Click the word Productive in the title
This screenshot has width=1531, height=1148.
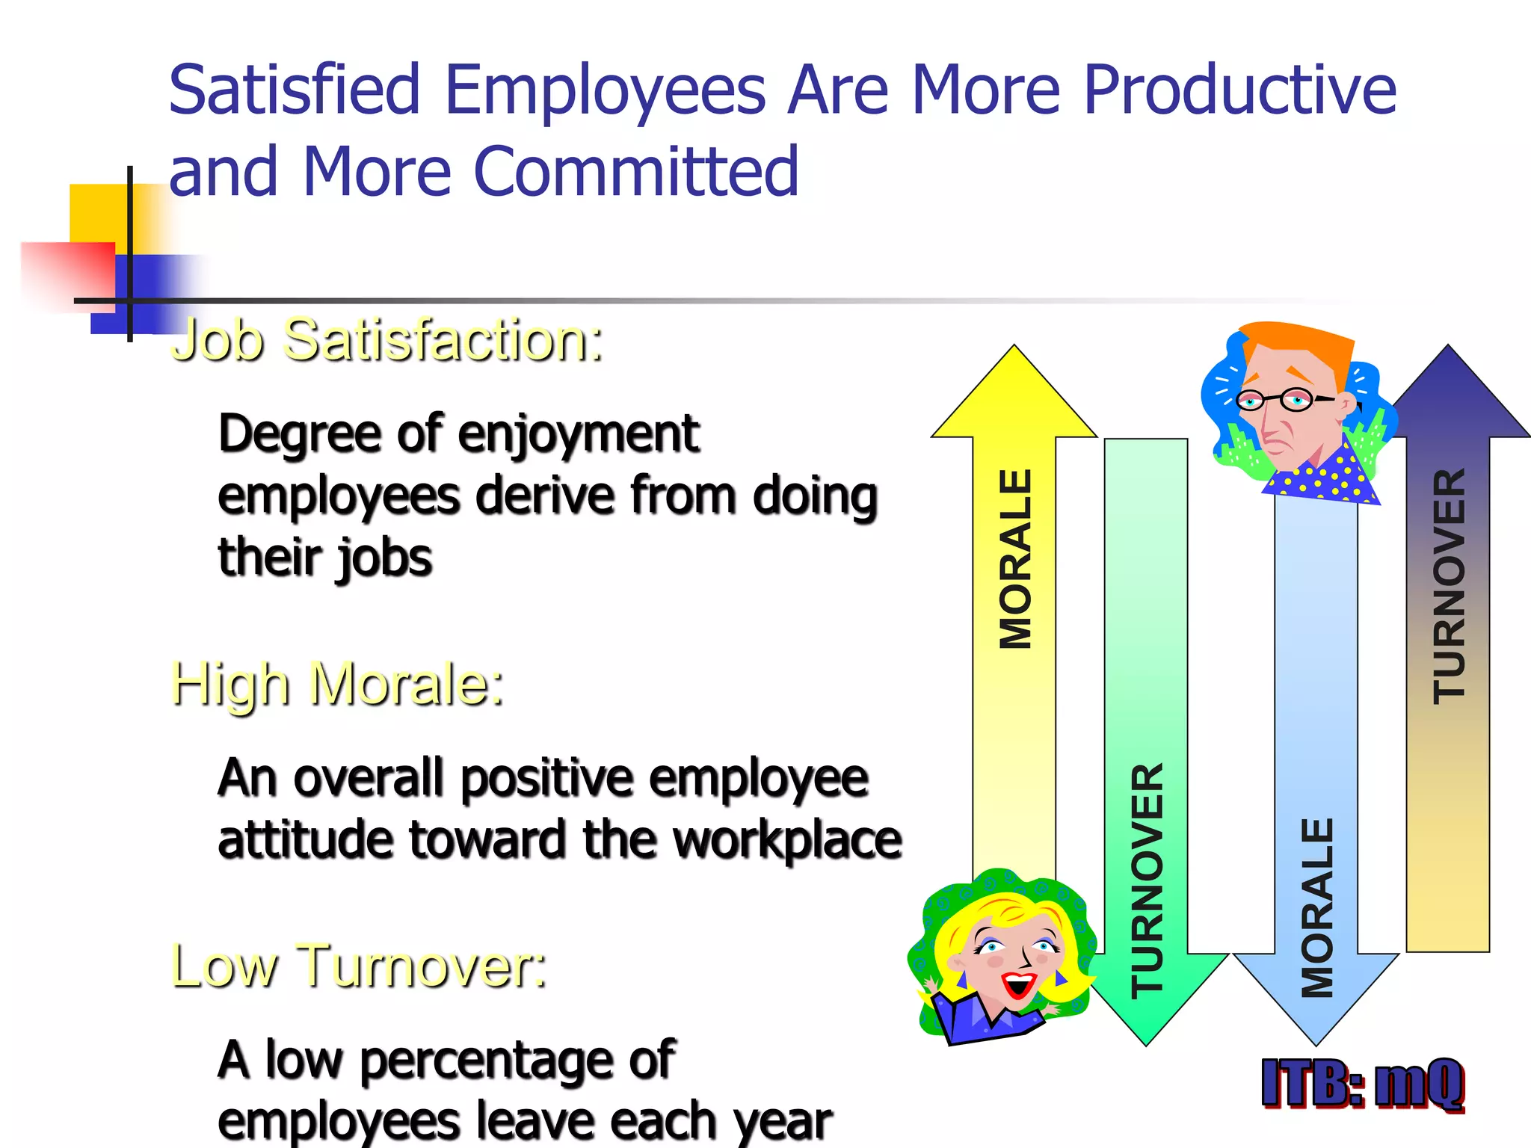[x=1239, y=90]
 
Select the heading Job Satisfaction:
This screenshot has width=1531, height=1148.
[x=387, y=341]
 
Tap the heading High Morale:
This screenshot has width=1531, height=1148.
[x=337, y=685]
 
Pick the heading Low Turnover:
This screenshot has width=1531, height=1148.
[x=359, y=966]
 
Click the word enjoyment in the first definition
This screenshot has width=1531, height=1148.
[x=578, y=435]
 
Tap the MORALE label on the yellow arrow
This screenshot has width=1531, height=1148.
[x=1015, y=559]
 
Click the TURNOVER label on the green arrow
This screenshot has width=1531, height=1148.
[x=1147, y=880]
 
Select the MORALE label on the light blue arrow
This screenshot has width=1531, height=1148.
[x=1317, y=907]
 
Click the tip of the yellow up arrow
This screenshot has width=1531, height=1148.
[x=1014, y=348]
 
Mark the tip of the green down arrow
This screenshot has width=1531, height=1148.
[x=1146, y=1042]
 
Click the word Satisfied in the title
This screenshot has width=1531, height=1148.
[x=295, y=90]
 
